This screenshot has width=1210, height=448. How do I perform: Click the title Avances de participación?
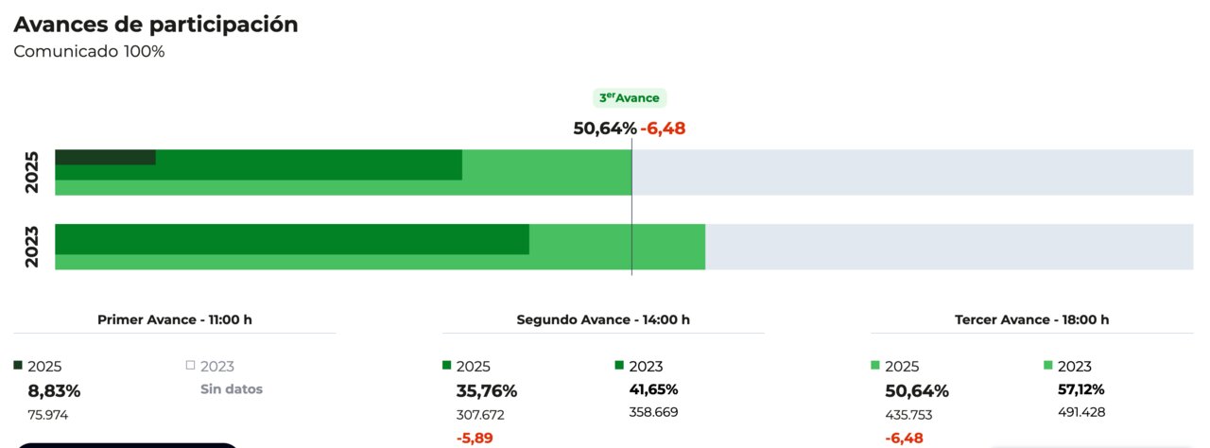(x=156, y=26)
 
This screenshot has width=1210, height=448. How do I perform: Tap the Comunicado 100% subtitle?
(x=89, y=52)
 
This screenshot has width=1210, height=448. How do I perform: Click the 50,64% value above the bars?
(x=605, y=129)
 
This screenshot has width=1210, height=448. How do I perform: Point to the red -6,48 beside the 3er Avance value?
(x=663, y=129)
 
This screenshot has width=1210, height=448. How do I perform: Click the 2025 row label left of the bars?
(x=31, y=172)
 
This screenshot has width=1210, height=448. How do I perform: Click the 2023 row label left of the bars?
(x=31, y=247)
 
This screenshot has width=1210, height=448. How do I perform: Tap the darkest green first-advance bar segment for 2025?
(x=105, y=157)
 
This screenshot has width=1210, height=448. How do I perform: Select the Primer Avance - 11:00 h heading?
(x=175, y=319)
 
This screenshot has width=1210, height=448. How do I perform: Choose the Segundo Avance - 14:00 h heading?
(x=603, y=319)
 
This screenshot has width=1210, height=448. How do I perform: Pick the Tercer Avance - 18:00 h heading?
(x=1032, y=319)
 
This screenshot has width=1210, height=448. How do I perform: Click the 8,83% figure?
(x=54, y=390)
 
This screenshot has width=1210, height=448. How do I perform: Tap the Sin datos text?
(x=232, y=389)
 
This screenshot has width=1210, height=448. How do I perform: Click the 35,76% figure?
(x=487, y=390)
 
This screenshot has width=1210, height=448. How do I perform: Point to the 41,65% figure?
(x=653, y=389)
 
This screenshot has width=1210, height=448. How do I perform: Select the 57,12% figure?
(x=1080, y=389)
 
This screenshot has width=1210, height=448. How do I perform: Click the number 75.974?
(x=48, y=415)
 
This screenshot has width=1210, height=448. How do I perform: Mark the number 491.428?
(x=1081, y=412)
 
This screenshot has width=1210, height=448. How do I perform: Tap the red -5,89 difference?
(x=475, y=439)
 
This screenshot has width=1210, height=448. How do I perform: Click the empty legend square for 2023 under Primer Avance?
(x=190, y=366)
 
